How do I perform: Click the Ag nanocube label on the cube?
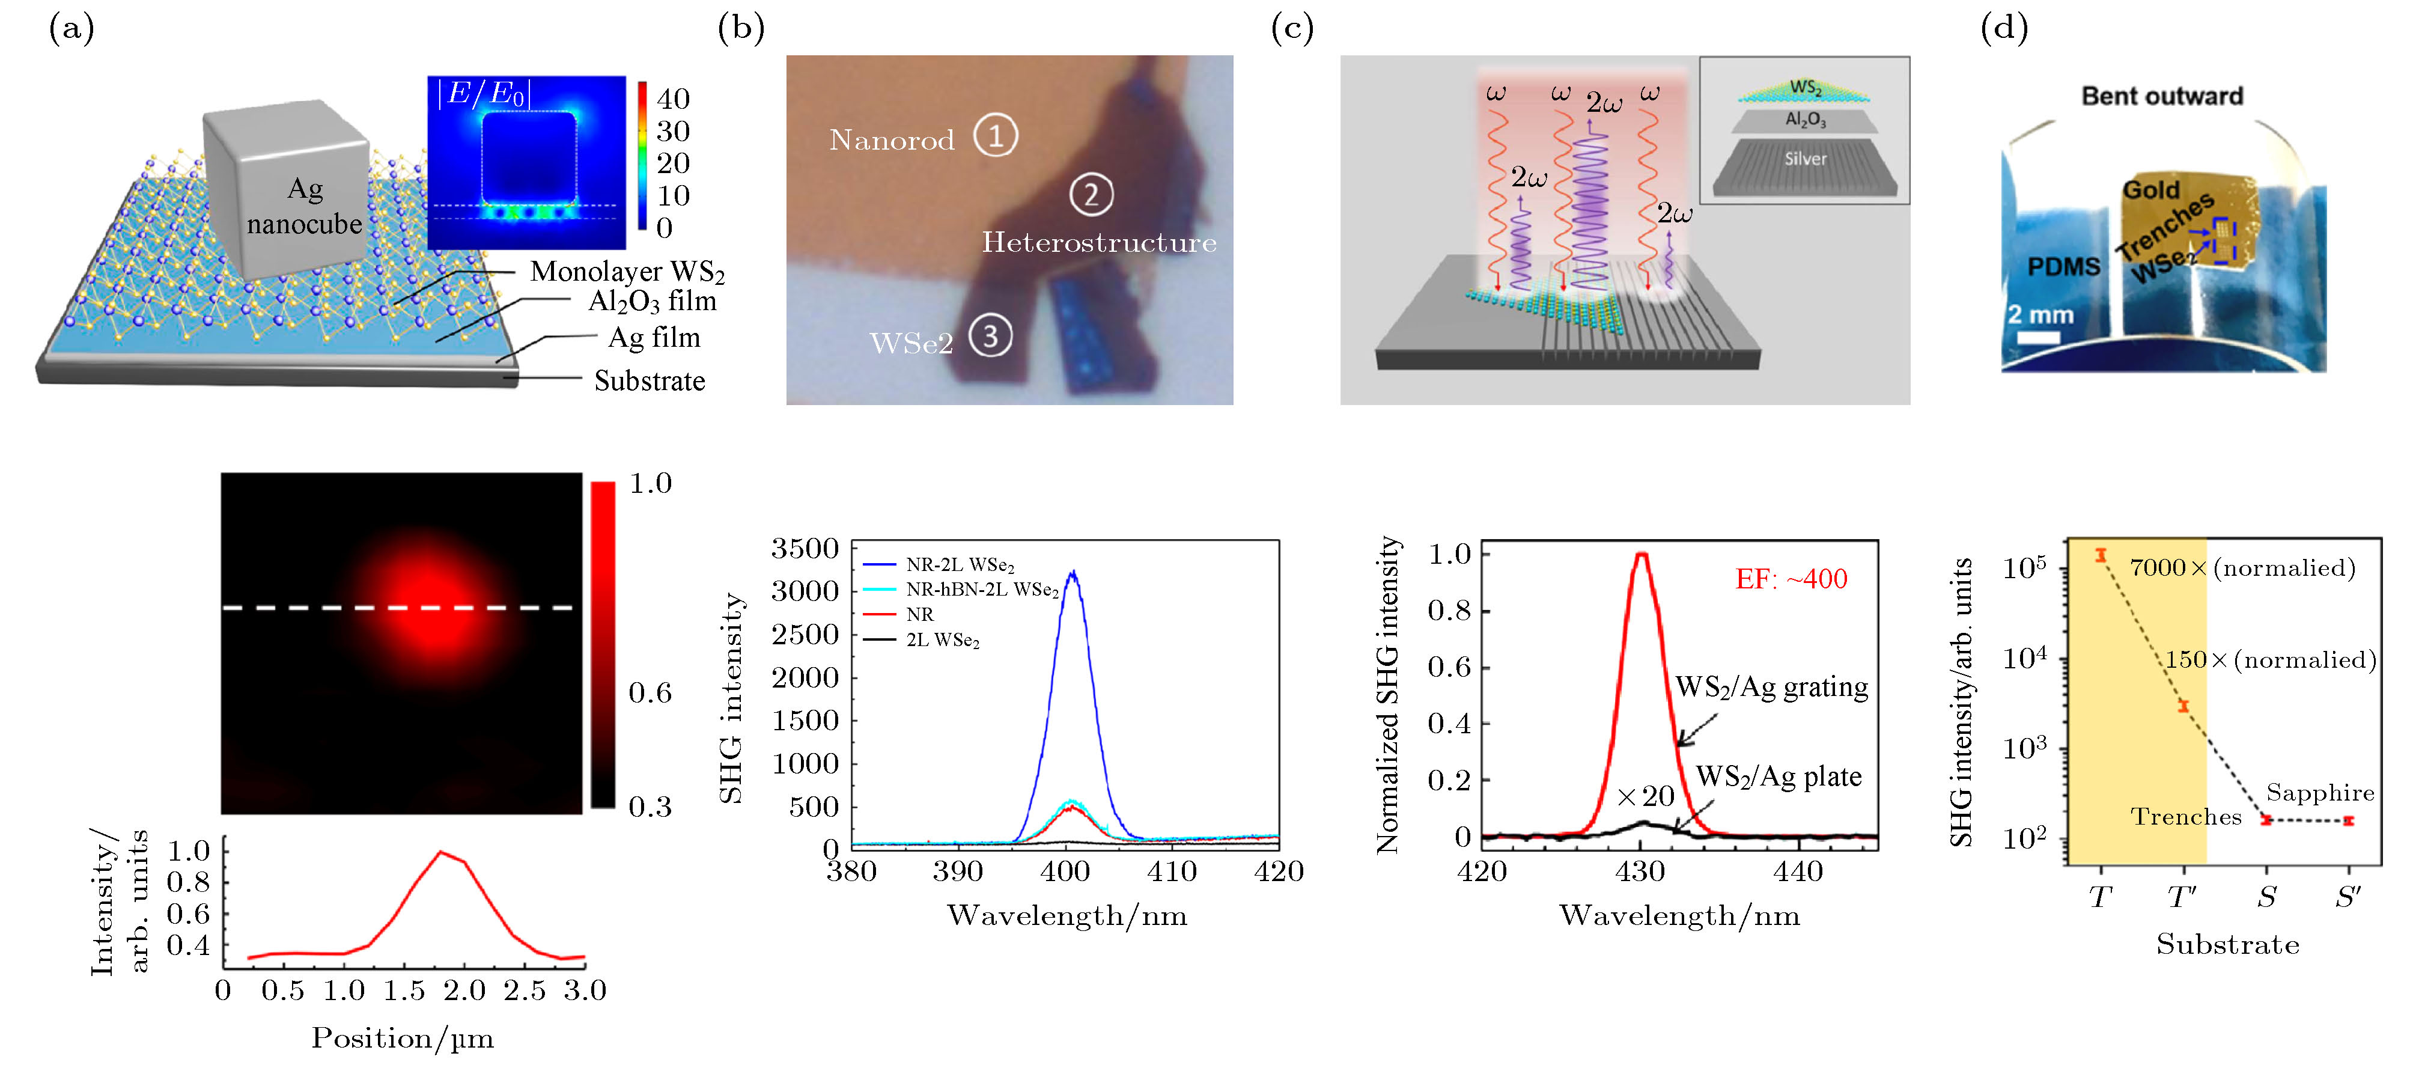point(305,207)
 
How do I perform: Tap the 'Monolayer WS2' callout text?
point(627,272)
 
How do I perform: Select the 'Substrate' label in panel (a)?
point(649,380)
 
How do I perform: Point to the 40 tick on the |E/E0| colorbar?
point(672,99)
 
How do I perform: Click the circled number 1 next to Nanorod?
point(995,136)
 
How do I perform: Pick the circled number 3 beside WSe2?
point(990,336)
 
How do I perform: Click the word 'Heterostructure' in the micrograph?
point(1099,243)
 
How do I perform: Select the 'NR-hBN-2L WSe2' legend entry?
point(982,590)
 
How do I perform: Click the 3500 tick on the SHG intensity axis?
point(805,549)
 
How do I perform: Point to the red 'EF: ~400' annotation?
point(1791,579)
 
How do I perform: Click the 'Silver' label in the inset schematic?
point(1805,159)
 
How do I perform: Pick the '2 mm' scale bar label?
point(2040,316)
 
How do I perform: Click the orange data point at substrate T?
point(2101,555)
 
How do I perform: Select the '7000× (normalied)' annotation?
point(2242,567)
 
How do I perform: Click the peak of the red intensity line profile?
point(441,852)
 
